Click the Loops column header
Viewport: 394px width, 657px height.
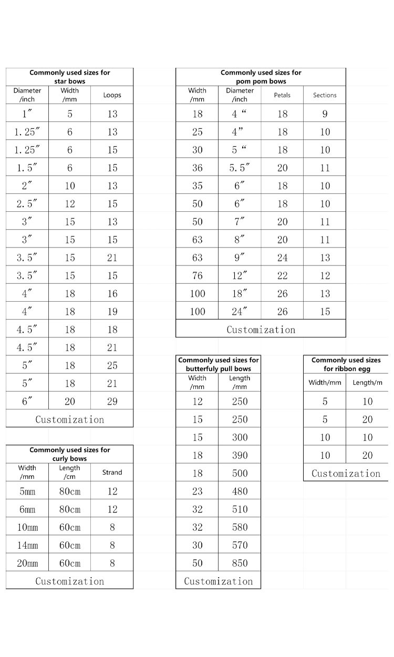click(112, 95)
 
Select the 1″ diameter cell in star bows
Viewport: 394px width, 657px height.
click(27, 114)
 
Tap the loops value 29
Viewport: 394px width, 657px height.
click(112, 401)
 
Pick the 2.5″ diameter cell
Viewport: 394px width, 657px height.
click(27, 203)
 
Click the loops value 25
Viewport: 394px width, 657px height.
click(112, 365)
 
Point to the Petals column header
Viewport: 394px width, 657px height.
click(282, 95)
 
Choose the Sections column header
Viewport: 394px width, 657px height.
click(325, 95)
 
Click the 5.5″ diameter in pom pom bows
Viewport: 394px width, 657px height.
click(240, 168)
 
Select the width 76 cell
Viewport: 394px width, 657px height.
click(197, 275)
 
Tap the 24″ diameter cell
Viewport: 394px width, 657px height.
click(240, 311)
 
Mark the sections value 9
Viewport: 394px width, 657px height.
click(325, 114)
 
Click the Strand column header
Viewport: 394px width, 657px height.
click(112, 472)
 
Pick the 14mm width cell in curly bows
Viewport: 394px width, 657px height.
click(27, 545)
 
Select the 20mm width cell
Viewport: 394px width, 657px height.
click(27, 563)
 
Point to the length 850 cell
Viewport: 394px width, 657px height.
click(240, 563)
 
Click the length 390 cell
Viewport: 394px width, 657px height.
click(240, 455)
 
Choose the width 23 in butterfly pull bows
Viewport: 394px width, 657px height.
click(197, 491)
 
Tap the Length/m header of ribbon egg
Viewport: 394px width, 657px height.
click(367, 383)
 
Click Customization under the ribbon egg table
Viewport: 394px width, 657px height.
click(346, 473)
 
